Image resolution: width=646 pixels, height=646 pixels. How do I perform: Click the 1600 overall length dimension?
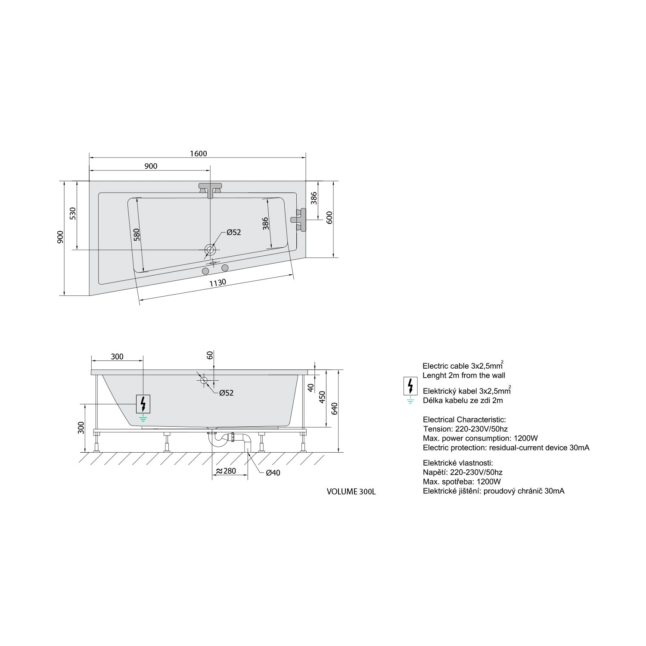pos(198,154)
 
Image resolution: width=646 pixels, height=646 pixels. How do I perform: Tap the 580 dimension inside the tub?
pos(137,234)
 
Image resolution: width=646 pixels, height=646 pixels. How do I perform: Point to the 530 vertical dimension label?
pos(73,214)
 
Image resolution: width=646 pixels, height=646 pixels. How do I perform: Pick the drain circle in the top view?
pos(210,250)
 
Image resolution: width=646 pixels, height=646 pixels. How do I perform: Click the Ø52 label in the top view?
pos(233,232)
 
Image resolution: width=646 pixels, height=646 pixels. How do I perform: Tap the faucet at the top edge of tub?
pos(211,190)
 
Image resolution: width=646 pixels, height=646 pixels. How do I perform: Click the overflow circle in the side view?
pos(204,380)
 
